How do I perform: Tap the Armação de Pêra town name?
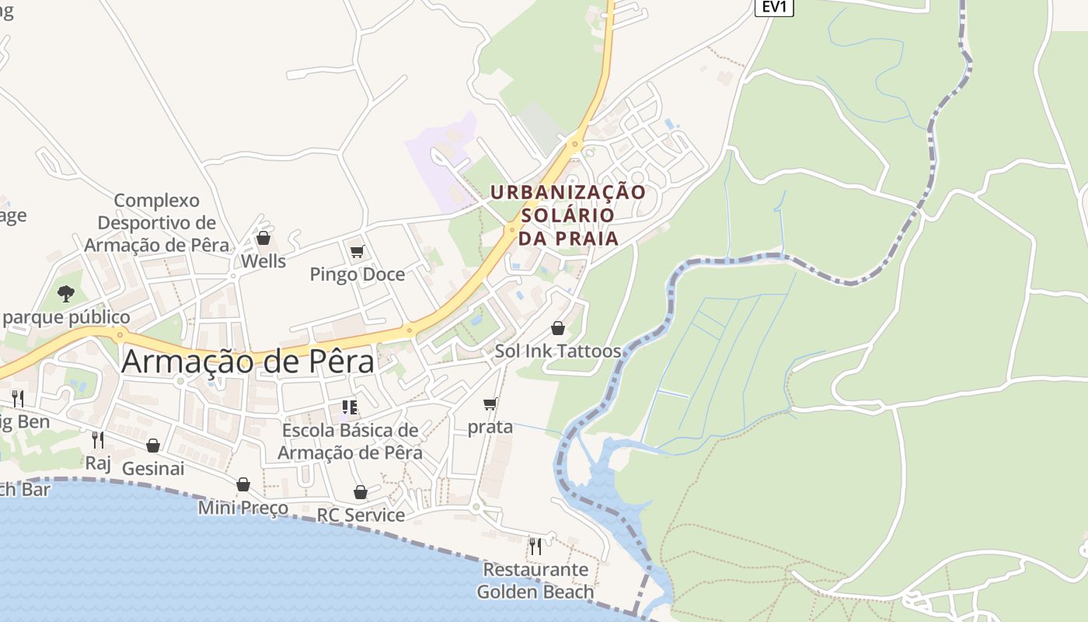pyautogui.click(x=248, y=362)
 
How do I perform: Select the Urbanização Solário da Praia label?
pyautogui.click(x=568, y=215)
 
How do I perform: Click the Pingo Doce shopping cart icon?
pyautogui.click(x=357, y=251)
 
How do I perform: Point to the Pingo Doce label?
pyautogui.click(x=357, y=274)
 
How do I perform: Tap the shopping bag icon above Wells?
pyautogui.click(x=263, y=238)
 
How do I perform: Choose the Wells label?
pyautogui.click(x=263, y=261)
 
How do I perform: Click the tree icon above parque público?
pyautogui.click(x=66, y=294)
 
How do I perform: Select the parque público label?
pyautogui.click(x=66, y=317)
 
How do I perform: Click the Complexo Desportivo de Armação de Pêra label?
pyautogui.click(x=156, y=222)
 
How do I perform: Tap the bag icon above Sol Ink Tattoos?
pyautogui.click(x=558, y=328)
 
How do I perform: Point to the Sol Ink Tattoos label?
pyautogui.click(x=558, y=351)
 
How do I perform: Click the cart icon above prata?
pyautogui.click(x=490, y=404)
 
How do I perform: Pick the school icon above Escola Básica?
pyautogui.click(x=350, y=407)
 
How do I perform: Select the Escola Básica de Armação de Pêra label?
pyautogui.click(x=350, y=442)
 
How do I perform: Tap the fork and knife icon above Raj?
pyautogui.click(x=98, y=440)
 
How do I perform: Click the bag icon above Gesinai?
pyautogui.click(x=153, y=446)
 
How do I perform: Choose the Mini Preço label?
pyautogui.click(x=242, y=508)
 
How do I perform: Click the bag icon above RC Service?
pyautogui.click(x=360, y=492)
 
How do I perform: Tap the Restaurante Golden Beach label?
pyautogui.click(x=535, y=581)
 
